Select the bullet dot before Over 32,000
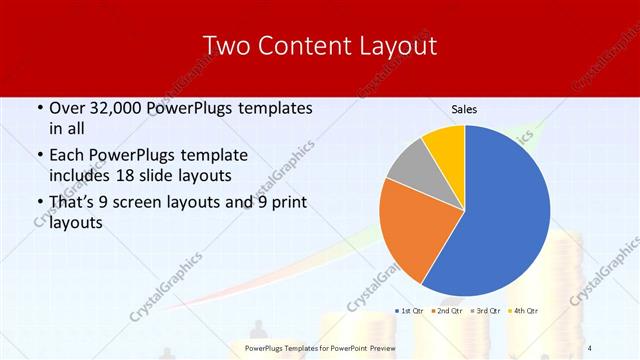(x=38, y=108)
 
